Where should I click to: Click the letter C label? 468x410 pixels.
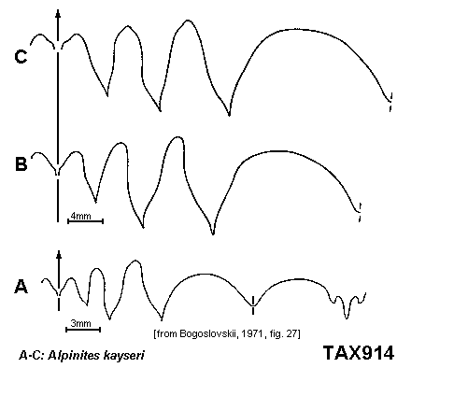click(x=21, y=57)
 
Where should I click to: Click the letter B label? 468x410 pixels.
click(x=21, y=164)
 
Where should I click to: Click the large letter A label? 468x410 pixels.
click(x=21, y=287)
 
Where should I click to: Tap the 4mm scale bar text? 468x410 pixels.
click(x=81, y=216)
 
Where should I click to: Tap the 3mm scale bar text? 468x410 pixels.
click(x=81, y=323)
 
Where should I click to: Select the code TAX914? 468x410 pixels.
click(x=359, y=353)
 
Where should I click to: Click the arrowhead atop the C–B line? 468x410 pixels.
click(x=58, y=13)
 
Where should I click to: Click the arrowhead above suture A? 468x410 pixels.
click(x=59, y=254)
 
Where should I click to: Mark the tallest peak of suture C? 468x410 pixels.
click(x=188, y=21)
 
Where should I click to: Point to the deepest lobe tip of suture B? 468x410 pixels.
click(x=213, y=233)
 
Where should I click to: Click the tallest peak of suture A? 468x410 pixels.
click(x=135, y=261)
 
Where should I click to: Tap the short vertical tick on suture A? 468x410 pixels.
click(x=253, y=304)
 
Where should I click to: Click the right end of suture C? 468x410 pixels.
click(x=390, y=101)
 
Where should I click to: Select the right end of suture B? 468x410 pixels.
click(x=360, y=212)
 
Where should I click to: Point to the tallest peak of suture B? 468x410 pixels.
click(x=178, y=137)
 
